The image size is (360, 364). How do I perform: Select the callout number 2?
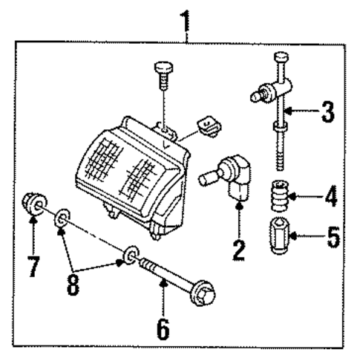(238, 247)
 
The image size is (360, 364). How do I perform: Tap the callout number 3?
(327, 113)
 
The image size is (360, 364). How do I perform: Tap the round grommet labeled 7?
(33, 205)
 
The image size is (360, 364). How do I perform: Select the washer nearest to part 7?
(63, 218)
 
